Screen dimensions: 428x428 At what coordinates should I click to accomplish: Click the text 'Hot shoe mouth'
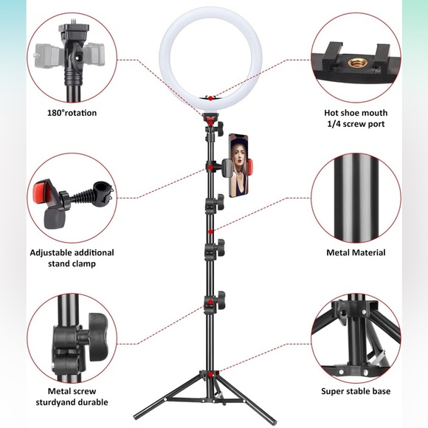356,113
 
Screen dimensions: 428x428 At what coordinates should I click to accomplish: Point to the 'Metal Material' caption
356,252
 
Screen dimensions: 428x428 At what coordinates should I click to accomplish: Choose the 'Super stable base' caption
356,391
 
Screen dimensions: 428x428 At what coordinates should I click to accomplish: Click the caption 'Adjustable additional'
72,252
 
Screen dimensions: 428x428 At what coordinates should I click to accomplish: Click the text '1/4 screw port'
355,124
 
